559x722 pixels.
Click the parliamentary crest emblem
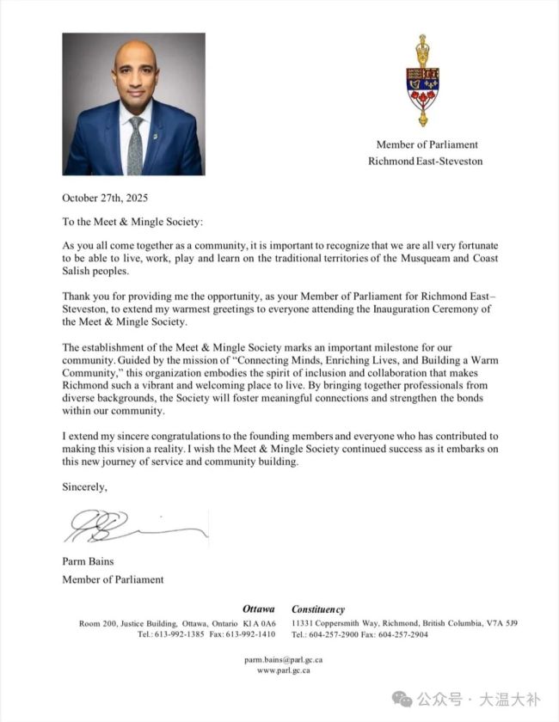click(422, 81)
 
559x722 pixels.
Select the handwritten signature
click(133, 525)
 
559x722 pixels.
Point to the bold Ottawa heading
click(258, 609)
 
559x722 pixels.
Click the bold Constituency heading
click(318, 609)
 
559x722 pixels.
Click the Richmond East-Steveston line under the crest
click(426, 161)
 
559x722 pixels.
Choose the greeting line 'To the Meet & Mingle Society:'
click(132, 221)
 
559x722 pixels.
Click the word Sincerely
click(85, 486)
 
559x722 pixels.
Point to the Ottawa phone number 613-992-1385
click(175, 634)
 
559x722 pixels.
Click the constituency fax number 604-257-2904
click(408, 634)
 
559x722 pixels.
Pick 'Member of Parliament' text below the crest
click(427, 145)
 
